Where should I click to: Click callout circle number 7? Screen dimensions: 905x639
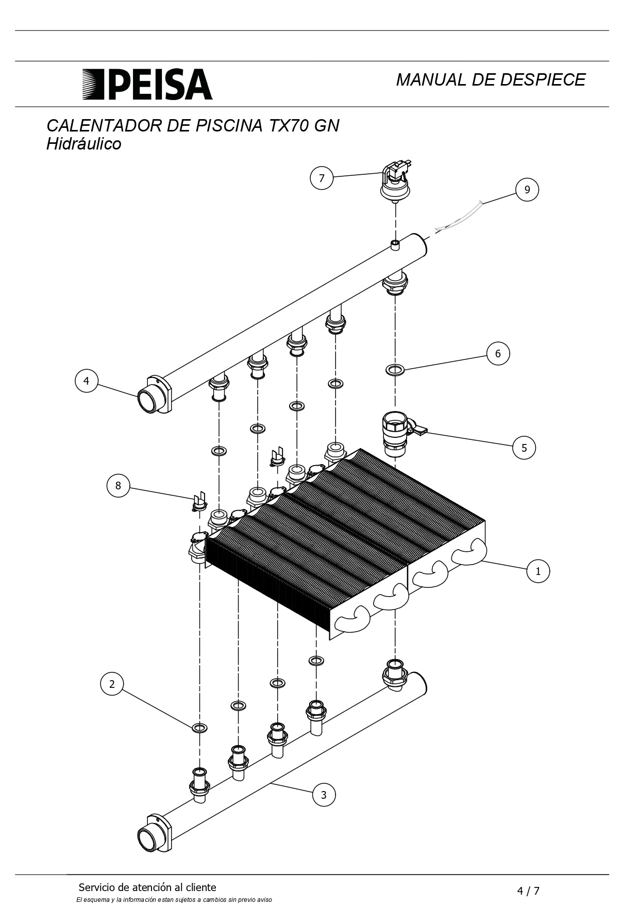[322, 178]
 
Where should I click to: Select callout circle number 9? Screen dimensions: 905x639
[527, 189]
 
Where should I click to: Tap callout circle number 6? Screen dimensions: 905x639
[498, 353]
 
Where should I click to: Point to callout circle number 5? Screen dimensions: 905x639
[524, 447]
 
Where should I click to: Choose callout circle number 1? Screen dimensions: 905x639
[538, 571]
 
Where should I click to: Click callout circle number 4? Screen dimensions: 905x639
[86, 381]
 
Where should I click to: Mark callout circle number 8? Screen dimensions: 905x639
[118, 485]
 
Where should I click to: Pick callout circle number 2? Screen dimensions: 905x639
[112, 684]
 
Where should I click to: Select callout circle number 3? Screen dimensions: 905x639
[324, 795]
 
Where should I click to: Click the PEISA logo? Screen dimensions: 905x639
[147, 84]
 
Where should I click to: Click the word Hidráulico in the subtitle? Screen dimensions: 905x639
[84, 144]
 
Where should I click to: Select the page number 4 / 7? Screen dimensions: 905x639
[528, 891]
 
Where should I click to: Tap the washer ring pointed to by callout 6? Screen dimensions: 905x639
[395, 370]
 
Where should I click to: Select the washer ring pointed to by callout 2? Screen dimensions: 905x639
[199, 728]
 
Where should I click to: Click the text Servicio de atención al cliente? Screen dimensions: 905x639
[147, 887]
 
